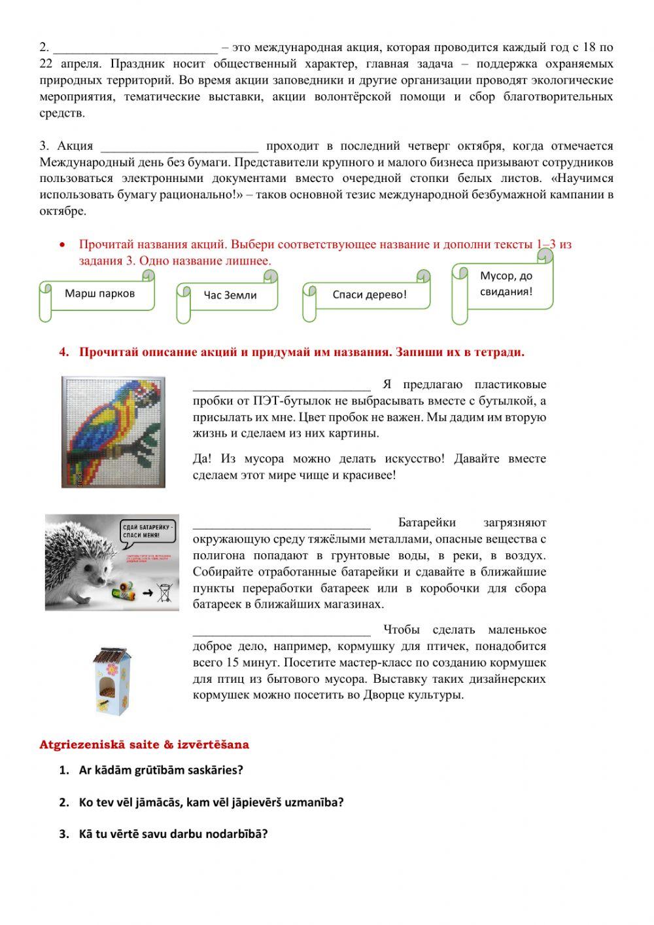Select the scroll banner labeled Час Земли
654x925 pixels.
[x=230, y=295]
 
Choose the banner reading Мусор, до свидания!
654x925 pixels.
[x=506, y=284]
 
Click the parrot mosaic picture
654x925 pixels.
[x=113, y=431]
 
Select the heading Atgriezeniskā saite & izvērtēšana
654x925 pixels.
[x=144, y=744]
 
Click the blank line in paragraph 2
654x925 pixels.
[x=135, y=48]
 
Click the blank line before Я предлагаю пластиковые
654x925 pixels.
[x=281, y=386]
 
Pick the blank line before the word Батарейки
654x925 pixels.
[x=281, y=524]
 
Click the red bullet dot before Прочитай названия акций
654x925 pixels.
[x=62, y=245]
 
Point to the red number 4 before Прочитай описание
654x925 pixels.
[x=63, y=352]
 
